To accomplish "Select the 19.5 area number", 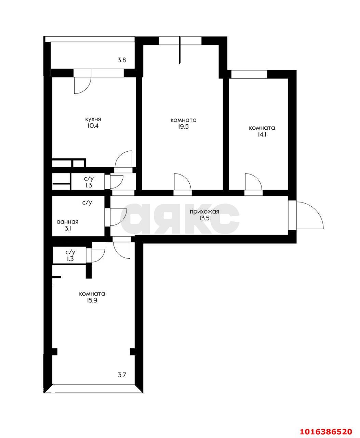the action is pyautogui.click(x=183, y=127).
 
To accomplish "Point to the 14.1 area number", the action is pyautogui.click(x=262, y=134).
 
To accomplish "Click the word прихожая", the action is pyautogui.click(x=204, y=212).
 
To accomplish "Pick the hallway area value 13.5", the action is pyautogui.click(x=204, y=218).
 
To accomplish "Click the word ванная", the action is pyautogui.click(x=68, y=222).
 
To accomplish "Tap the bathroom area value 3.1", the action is pyautogui.click(x=68, y=229).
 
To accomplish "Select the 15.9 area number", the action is pyautogui.click(x=92, y=300).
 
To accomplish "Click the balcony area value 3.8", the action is pyautogui.click(x=122, y=60).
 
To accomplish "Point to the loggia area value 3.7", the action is pyautogui.click(x=122, y=375).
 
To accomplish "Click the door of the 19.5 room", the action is pyautogui.click(x=182, y=182).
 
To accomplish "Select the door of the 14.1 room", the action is pyautogui.click(x=253, y=182).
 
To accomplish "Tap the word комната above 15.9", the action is pyautogui.click(x=92, y=294).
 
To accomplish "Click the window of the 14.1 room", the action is pyautogui.click(x=249, y=74).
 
